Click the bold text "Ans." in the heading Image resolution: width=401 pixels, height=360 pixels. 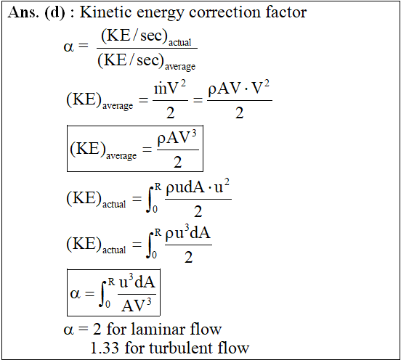23,12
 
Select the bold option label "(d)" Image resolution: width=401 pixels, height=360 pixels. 54,12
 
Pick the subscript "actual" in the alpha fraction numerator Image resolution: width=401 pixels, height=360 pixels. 179,42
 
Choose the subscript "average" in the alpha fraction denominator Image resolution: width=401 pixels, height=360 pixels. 180,67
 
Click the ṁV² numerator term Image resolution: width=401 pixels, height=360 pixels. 170,88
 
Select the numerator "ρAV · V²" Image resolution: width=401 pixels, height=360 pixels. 238,89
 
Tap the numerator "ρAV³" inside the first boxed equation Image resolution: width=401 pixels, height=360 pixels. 177,138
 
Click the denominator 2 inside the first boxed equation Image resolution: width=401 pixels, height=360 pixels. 178,162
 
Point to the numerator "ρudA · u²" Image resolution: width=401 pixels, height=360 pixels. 198,187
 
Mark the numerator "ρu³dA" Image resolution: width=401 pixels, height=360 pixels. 188,233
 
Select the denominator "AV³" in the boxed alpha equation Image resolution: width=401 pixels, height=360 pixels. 137,306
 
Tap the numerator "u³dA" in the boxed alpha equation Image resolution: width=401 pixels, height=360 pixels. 137,282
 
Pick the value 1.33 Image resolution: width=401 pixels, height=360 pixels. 105,348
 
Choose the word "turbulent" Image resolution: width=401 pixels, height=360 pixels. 181,348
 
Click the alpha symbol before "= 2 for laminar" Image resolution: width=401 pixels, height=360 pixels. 69,330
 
